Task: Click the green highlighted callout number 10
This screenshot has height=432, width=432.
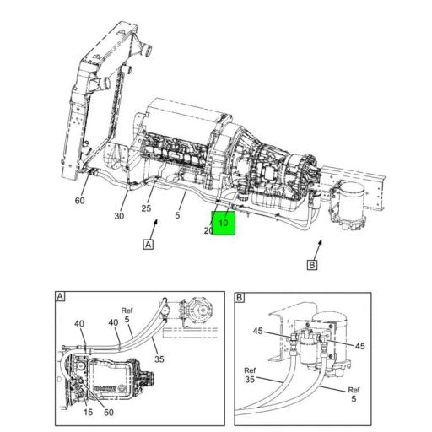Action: (224, 223)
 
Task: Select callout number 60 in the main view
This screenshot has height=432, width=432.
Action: (79, 201)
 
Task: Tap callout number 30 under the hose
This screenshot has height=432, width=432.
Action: (119, 216)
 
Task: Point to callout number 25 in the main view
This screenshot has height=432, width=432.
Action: (146, 208)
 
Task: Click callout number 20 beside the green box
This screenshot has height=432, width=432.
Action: (208, 230)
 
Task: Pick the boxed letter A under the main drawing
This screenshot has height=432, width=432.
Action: (148, 244)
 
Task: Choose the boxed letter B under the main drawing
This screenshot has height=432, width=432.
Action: (312, 265)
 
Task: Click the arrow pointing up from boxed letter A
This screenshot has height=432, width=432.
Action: (154, 229)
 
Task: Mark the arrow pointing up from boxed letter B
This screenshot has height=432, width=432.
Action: (318, 250)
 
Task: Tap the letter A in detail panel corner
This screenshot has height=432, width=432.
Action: (60, 296)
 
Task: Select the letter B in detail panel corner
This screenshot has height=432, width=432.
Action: (240, 298)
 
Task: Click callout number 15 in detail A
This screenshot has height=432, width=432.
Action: (88, 412)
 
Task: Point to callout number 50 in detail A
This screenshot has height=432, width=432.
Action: (109, 413)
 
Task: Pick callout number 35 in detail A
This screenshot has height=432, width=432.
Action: (159, 359)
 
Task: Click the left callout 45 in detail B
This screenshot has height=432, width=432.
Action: (257, 331)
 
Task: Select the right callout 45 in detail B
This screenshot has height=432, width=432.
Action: (360, 346)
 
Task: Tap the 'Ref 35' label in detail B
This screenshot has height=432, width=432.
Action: (250, 375)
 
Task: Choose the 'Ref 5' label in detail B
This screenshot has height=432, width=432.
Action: (354, 394)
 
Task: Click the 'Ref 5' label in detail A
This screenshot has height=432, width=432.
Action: (127, 315)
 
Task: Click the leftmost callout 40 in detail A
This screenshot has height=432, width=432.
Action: (79, 323)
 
